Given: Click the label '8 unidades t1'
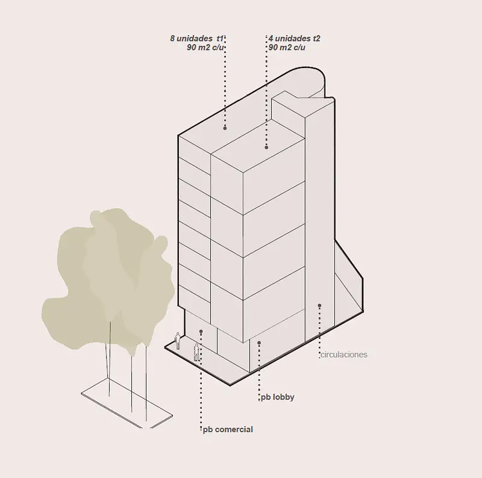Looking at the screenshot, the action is click(197, 39).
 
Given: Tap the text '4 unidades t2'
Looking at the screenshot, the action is click(294, 39).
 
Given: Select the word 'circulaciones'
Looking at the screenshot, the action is click(344, 355).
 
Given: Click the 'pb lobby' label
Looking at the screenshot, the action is click(278, 397).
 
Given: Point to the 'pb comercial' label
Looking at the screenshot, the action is click(228, 429).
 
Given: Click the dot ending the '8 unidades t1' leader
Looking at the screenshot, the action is click(225, 128).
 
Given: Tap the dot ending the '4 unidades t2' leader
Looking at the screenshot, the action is click(266, 147).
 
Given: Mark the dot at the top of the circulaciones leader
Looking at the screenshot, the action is click(319, 305).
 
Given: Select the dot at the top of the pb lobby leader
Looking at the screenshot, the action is click(259, 343).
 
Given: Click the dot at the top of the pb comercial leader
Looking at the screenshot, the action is click(201, 332).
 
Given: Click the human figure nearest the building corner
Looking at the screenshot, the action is click(177, 341).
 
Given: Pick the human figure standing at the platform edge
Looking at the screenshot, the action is click(197, 352).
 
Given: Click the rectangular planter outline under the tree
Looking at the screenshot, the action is click(127, 403).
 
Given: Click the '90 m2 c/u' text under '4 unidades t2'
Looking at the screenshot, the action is click(287, 48).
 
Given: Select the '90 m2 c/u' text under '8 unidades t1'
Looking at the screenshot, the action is click(205, 48).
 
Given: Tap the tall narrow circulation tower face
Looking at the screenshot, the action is click(319, 221).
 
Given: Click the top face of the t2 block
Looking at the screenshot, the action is click(258, 145).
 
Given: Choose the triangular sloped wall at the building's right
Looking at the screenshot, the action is click(348, 282).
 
